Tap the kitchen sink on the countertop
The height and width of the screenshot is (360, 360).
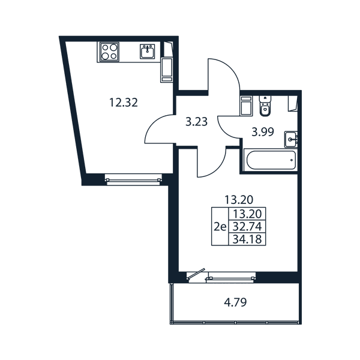(x=148, y=51)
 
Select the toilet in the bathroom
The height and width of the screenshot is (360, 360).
(x=265, y=106)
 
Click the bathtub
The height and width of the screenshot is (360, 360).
(x=271, y=160)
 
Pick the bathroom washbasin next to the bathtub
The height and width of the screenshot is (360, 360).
(x=291, y=139)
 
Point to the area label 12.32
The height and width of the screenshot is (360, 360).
(x=124, y=103)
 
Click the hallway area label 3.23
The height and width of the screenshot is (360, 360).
(x=197, y=122)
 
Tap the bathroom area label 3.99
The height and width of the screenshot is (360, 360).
(x=263, y=132)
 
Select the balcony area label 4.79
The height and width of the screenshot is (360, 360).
(x=235, y=302)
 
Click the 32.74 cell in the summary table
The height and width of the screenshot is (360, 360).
(x=247, y=227)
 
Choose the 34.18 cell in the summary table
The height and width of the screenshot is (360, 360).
(x=247, y=239)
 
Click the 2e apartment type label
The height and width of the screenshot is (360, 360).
(x=220, y=227)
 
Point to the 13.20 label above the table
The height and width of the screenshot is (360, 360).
(x=239, y=200)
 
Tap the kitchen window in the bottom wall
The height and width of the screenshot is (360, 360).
(x=133, y=179)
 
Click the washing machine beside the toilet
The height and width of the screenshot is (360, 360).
(x=246, y=106)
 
